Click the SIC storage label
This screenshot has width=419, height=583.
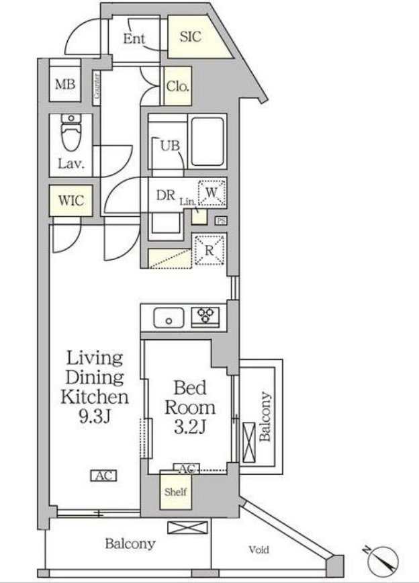pos(190,36)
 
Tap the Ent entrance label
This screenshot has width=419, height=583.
pos(134,39)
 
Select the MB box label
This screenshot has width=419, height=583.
pos(65,85)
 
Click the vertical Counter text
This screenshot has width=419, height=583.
pos(97,86)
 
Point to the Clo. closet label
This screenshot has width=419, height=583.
pos(178,86)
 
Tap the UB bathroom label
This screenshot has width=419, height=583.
pos(170,145)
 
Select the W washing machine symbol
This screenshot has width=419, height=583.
pos(212,193)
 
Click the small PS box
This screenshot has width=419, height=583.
pos(221,221)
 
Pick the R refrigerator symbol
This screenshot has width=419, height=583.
pos(209,251)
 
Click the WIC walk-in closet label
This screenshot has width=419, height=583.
pos(71,201)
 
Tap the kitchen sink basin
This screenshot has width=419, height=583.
pos(169,318)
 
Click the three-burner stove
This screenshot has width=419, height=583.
pos(205,317)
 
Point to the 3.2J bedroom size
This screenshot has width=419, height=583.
pos(189,427)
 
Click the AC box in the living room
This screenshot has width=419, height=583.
pos(104,476)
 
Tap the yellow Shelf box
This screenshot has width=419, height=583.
pos(176,491)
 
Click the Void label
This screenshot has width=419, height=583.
pos(259,549)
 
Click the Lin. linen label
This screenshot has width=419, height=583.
pos(188,202)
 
